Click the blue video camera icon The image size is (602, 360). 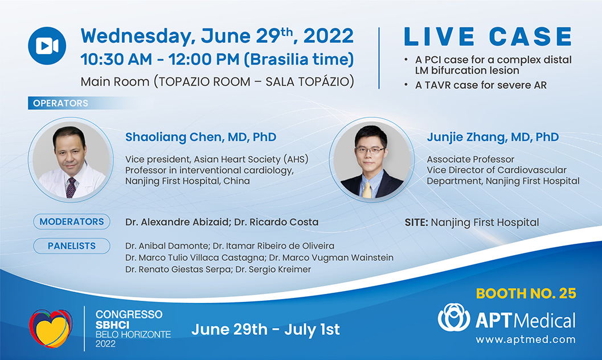[47, 46]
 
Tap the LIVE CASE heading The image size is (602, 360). [488, 37]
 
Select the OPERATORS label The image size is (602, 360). [61, 103]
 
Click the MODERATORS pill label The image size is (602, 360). [72, 222]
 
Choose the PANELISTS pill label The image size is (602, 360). [72, 246]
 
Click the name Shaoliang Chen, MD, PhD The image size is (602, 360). [201, 137]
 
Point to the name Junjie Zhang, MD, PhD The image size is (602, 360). [493, 137]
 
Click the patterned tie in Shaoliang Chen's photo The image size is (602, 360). [71, 187]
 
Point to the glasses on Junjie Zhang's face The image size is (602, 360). [369, 150]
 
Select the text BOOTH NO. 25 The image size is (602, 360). [526, 293]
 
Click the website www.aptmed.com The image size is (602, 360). [526, 339]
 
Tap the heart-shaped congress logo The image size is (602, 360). [51, 329]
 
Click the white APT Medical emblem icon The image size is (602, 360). [454, 317]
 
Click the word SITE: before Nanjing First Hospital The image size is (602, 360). [416, 222]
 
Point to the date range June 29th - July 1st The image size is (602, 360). [265, 329]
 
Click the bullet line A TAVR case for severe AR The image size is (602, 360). [481, 85]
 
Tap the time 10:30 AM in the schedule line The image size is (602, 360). [116, 59]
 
